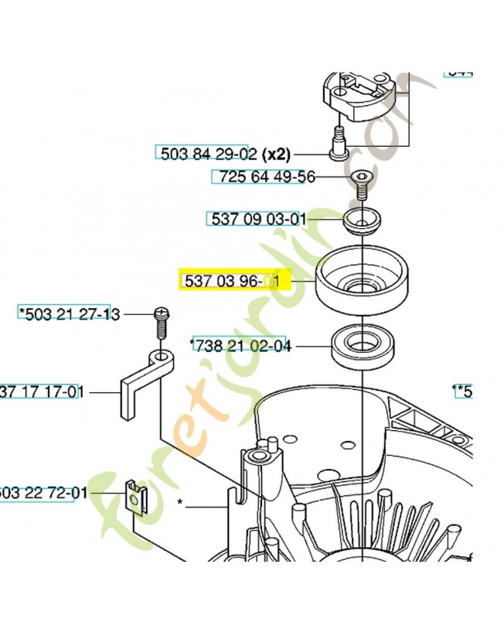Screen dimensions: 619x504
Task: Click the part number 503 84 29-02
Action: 207,153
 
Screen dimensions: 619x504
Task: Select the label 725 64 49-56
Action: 264,177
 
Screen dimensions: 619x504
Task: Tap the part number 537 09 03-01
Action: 255,219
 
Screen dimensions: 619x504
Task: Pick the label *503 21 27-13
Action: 70,313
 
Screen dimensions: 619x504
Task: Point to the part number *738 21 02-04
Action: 241,346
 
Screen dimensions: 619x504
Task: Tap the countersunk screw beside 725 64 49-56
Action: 362,181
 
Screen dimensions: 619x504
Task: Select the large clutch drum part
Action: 362,279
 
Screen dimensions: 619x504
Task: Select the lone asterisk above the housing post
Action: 180,502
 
